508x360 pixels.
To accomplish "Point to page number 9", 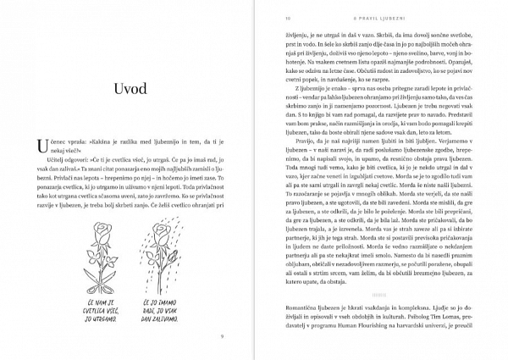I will click(221, 336).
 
